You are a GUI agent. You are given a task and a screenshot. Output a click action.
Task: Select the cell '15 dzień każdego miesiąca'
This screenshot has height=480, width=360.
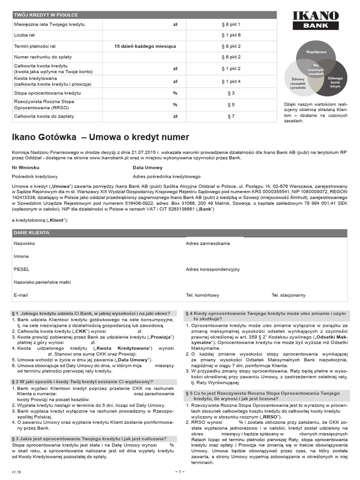(145, 46)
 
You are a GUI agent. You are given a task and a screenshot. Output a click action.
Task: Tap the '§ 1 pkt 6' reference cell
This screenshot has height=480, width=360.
(230, 35)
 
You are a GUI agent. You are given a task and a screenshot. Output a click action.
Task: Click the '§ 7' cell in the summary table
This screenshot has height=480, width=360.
(230, 116)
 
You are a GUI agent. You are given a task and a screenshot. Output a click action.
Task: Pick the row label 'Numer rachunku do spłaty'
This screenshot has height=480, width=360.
(42, 57)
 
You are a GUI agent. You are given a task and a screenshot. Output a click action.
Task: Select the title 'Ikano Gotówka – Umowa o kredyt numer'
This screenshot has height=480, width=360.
(100, 137)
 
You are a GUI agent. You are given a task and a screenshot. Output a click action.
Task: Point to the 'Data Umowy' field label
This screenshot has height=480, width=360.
(147, 167)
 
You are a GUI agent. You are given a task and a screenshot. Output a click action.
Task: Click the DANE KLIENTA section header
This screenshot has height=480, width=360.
(32, 233)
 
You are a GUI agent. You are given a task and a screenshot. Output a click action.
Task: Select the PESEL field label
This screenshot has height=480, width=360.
(22, 270)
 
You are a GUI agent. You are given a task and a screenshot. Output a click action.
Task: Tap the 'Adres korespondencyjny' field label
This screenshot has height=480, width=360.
(212, 270)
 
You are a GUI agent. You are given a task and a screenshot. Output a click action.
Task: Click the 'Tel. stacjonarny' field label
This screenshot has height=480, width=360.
(288, 295)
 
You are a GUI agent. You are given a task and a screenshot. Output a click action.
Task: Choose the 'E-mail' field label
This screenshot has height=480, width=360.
(21, 295)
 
